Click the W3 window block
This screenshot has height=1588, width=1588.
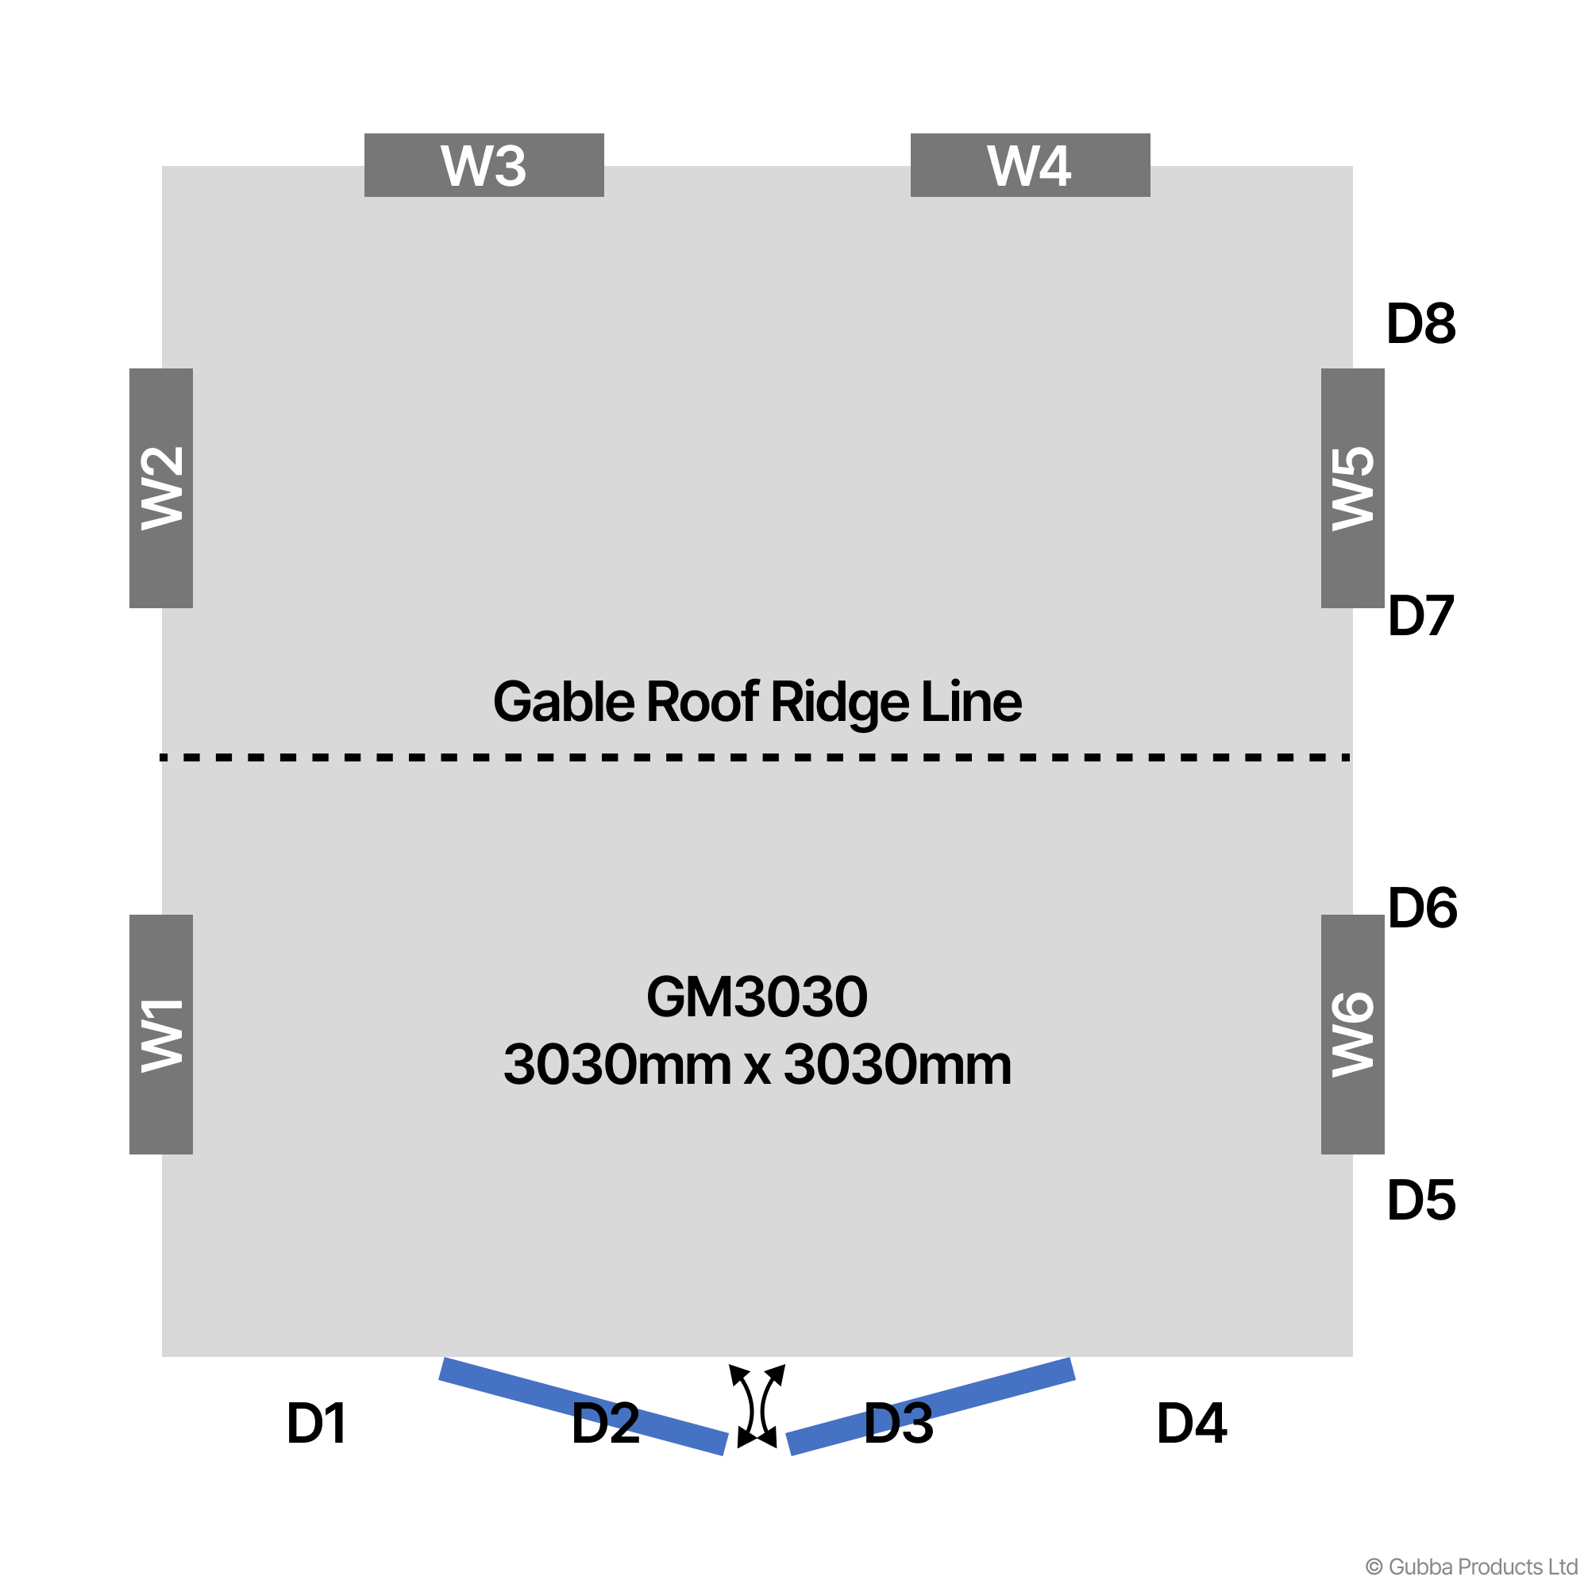pyautogui.click(x=484, y=165)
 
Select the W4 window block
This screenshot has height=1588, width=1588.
pyautogui.click(x=1029, y=165)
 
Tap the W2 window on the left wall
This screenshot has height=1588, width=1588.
pyautogui.click(x=161, y=488)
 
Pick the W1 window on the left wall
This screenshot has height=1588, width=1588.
pyautogui.click(x=161, y=1034)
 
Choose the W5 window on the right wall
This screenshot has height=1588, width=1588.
pyautogui.click(x=1352, y=488)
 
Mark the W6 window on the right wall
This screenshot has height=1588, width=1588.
pyautogui.click(x=1352, y=1034)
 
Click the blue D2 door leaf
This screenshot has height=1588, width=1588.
pyautogui.click(x=583, y=1405)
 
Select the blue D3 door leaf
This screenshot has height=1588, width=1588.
pyautogui.click(x=930, y=1405)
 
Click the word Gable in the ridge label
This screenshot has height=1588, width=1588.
pyautogui.click(x=563, y=703)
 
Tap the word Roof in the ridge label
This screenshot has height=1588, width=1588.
pyautogui.click(x=702, y=703)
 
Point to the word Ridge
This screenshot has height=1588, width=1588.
pyautogui.click(x=839, y=703)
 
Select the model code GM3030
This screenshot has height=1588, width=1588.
pyautogui.click(x=756, y=997)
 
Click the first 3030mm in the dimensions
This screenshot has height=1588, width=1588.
pyautogui.click(x=616, y=1066)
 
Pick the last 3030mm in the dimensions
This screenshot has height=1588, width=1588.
pyautogui.click(x=896, y=1066)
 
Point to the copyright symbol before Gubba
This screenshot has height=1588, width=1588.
pyautogui.click(x=1374, y=1567)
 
